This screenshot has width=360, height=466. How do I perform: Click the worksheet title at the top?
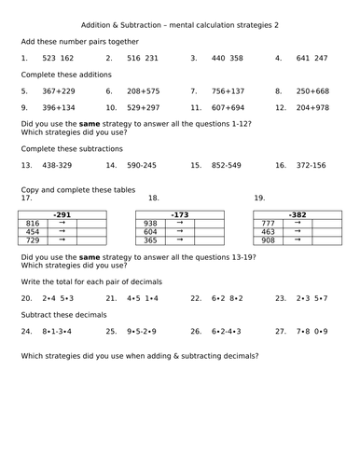tap(180, 24)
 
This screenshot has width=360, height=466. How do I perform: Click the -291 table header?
tap(62, 214)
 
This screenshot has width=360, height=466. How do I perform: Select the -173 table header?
tap(179, 214)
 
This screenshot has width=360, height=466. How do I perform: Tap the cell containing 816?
tap(33, 224)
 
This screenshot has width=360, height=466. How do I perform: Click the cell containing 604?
tap(149, 232)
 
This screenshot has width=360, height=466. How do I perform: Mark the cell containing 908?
tap(268, 240)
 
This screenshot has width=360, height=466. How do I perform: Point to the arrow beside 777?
tap(297, 224)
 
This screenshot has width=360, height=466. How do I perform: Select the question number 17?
tap(25, 198)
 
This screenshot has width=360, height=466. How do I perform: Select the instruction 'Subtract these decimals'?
tap(63, 315)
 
